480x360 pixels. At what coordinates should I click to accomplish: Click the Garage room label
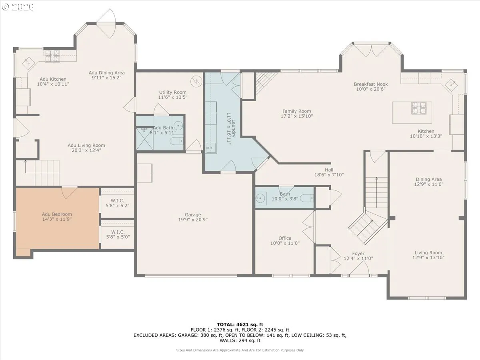pos(193,215)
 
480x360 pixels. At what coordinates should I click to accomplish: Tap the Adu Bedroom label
pos(57,214)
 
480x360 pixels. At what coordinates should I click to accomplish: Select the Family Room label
pos(296,111)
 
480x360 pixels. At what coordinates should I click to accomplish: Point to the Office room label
pos(285,238)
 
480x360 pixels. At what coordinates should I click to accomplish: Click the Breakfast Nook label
pos(371,84)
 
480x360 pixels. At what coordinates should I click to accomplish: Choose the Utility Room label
pos(172,92)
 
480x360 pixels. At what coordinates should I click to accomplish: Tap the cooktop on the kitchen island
pos(419,108)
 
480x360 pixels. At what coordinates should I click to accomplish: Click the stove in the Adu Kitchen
pos(52,56)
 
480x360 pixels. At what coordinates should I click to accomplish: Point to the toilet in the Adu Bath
pos(177,141)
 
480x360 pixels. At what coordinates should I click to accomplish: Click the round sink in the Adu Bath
pos(179,126)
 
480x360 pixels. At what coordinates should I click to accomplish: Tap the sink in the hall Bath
pos(260,198)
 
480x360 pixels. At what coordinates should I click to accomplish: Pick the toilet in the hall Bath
pos(306,198)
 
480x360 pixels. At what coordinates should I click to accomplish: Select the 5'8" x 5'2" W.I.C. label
pos(118,206)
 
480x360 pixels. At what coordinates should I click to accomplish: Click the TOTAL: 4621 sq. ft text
pos(240,324)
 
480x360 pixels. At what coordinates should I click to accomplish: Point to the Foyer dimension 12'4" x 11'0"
pos(358,258)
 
